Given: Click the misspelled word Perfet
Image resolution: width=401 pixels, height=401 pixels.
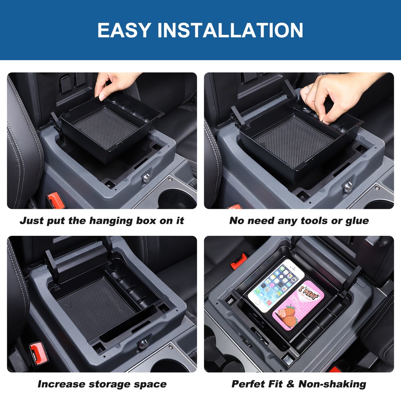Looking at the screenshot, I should click(x=249, y=384).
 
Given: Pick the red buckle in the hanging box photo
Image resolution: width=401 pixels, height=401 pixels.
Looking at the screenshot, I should click(x=55, y=199).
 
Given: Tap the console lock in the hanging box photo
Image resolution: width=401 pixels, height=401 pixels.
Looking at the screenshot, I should click(x=146, y=178).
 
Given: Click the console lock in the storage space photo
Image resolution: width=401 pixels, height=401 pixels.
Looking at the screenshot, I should click(x=142, y=344).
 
